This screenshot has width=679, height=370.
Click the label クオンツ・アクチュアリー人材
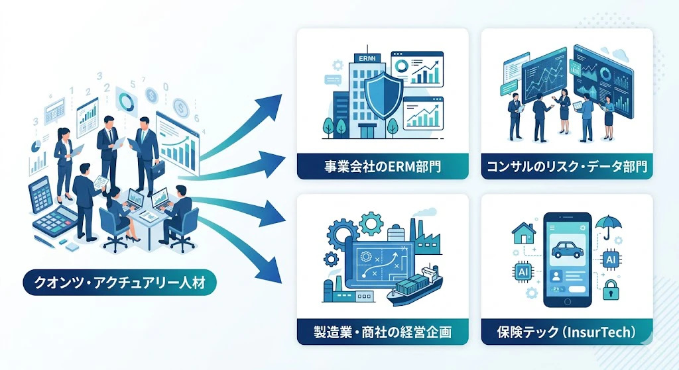coord(119,283)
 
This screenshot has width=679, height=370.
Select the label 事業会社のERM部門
coord(383,166)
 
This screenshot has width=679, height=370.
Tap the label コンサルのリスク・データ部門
coord(567,166)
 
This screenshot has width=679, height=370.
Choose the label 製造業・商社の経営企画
coord(383,332)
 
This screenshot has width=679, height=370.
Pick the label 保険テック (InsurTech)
coord(567,332)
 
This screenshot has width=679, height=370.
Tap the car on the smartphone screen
coord(568,250)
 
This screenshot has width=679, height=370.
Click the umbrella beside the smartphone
coord(608,226)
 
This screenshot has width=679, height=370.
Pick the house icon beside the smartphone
coord(524,233)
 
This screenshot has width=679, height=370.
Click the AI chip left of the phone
coord(523,271)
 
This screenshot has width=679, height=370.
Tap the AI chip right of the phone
coord(611,259)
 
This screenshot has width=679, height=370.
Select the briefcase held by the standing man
coord(158,169)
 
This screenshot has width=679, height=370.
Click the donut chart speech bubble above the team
coord(127,102)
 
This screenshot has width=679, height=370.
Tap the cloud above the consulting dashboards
coord(620,56)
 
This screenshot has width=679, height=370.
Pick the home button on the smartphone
coord(568,301)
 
